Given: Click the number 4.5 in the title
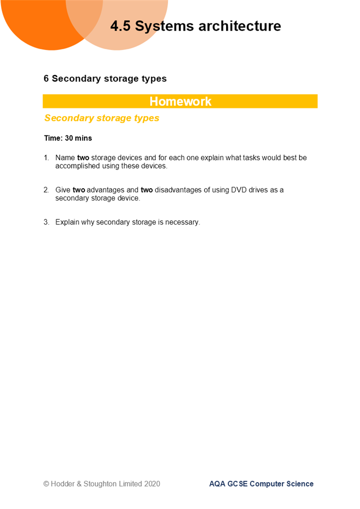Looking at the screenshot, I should [x=121, y=26].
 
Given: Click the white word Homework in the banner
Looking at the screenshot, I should [x=180, y=101].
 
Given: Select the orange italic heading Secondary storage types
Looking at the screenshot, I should [x=102, y=118].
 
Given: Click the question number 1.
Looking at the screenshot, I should [x=46, y=158].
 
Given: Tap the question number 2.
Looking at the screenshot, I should [x=46, y=190].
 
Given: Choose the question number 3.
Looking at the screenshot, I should [x=46, y=222].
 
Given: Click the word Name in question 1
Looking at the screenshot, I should [x=65, y=158].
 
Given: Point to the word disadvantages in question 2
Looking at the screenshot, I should [x=179, y=190].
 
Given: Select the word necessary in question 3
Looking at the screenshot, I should [x=183, y=222].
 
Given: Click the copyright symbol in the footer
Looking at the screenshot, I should [x=46, y=484].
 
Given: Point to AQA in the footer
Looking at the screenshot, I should [x=217, y=484].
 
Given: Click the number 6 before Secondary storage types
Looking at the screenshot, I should [x=46, y=79].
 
